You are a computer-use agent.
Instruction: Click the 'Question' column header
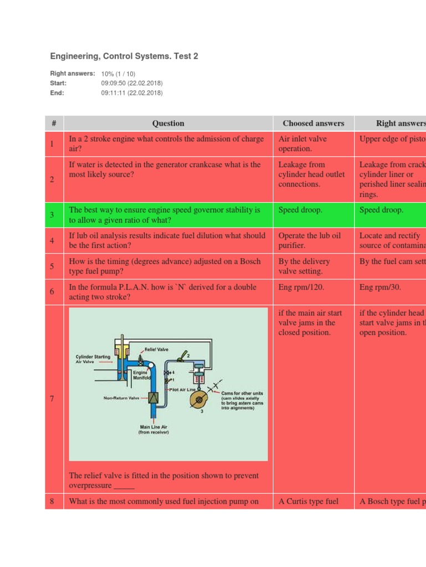tap(168, 123)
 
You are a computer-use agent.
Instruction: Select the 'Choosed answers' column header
tap(313, 123)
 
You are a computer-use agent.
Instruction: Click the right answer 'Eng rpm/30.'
tap(381, 287)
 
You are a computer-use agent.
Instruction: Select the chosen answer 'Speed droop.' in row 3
tap(300, 210)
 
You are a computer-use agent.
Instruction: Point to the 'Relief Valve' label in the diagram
tap(156, 350)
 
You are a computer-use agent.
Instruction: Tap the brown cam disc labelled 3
tap(201, 401)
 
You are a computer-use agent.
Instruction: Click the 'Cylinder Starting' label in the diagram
tap(93, 357)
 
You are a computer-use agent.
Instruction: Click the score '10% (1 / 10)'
tap(118, 74)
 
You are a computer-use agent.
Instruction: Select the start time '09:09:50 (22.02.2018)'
tap(132, 83)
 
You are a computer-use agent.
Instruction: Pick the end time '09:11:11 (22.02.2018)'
tap(132, 93)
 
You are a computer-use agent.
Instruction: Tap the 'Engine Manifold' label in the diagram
tap(140, 376)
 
